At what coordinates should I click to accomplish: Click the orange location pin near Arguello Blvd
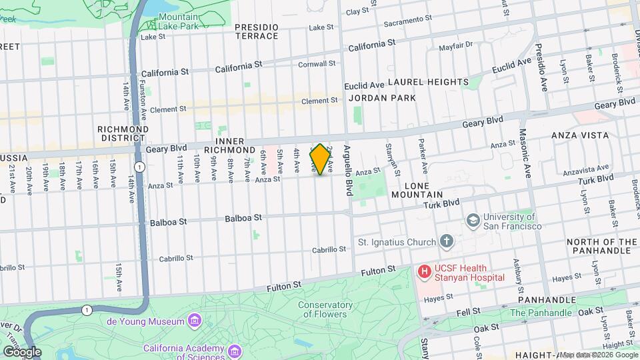click(x=320, y=160)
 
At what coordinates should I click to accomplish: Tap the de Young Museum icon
click(x=194, y=322)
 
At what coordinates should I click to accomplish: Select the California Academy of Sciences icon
click(x=234, y=350)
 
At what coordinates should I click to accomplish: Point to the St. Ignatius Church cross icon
click(x=446, y=241)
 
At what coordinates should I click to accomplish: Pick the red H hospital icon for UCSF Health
click(x=423, y=271)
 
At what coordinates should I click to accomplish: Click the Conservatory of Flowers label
click(x=323, y=309)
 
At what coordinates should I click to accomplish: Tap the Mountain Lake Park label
click(x=179, y=21)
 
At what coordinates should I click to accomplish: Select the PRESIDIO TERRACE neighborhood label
click(x=256, y=31)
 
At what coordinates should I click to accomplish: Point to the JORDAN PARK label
click(x=382, y=98)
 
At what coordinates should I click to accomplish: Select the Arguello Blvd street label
click(x=347, y=170)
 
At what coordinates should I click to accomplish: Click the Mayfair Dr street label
click(x=455, y=46)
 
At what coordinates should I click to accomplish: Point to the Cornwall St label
click(x=317, y=64)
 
